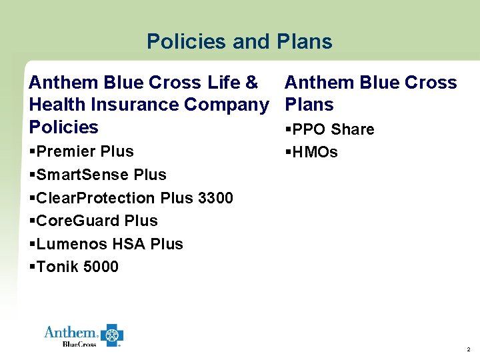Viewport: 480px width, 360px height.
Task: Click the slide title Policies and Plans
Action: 239,42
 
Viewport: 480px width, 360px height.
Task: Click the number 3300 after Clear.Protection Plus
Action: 215,198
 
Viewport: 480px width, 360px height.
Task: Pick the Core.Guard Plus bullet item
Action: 94,221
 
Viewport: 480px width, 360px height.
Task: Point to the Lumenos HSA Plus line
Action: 107,244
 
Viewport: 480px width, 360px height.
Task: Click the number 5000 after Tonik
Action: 101,267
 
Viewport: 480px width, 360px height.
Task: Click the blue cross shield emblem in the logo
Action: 112,335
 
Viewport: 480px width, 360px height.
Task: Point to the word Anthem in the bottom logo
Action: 71,332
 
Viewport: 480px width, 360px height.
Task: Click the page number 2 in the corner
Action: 468,349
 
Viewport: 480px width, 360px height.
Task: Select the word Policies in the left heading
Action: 63,127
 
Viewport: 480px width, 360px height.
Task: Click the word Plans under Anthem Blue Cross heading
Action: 309,105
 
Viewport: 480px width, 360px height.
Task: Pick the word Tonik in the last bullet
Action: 58,267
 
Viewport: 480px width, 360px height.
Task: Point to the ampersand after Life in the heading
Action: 251,83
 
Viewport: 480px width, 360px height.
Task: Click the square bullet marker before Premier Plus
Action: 33,151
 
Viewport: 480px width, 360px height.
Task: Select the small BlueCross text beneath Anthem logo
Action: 79,343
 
